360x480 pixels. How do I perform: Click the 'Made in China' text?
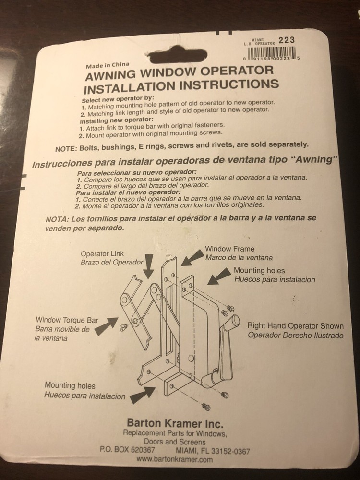107,65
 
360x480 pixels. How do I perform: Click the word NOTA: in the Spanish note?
57,219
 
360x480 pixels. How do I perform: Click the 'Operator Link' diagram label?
102,254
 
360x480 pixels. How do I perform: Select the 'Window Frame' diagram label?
229,249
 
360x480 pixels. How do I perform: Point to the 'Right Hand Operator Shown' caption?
295,325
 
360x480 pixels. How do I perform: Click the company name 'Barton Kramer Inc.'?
175,424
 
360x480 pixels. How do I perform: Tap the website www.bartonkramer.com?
174,460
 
